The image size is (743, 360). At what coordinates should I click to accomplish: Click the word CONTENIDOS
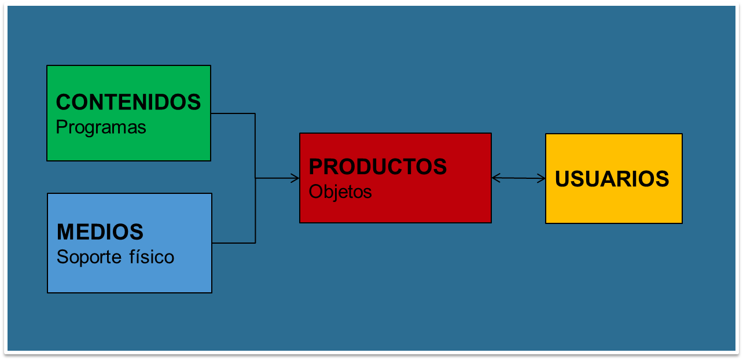click(128, 102)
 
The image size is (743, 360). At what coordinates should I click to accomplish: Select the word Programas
click(101, 127)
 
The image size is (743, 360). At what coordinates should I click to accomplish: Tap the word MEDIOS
click(100, 232)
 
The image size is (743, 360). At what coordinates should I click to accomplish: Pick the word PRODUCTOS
click(377, 167)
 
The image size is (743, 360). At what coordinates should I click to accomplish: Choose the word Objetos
click(340, 192)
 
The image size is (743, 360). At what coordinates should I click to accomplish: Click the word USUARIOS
click(612, 179)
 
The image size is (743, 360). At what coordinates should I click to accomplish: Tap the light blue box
click(129, 275)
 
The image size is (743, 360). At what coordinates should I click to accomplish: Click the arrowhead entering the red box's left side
click(295, 178)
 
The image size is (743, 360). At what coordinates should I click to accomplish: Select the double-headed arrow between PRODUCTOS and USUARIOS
click(518, 178)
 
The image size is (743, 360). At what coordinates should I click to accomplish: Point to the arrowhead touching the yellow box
click(542, 178)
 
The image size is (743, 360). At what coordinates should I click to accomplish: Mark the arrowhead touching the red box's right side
click(495, 178)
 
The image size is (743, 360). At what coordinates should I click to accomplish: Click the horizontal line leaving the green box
click(233, 113)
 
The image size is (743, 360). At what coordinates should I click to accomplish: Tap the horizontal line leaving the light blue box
click(233, 243)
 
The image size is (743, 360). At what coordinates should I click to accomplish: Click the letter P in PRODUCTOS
click(315, 167)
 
